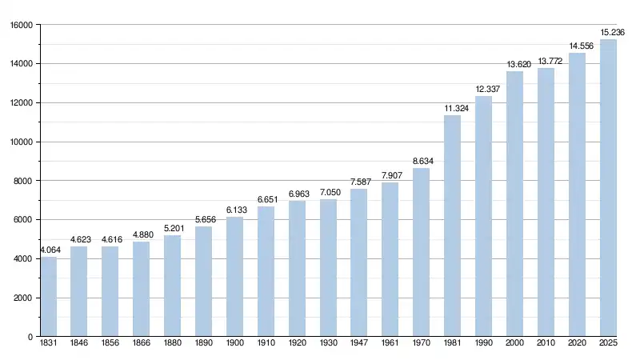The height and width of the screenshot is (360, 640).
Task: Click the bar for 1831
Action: (x=48, y=297)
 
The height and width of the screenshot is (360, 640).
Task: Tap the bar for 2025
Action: (x=608, y=188)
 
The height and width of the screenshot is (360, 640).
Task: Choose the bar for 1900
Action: (x=234, y=277)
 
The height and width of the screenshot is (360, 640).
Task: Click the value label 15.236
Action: (x=613, y=33)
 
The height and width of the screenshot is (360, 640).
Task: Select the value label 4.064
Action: (x=48, y=250)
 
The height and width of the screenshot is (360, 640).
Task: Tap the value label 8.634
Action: (x=421, y=162)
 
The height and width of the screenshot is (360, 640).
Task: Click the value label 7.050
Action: (x=328, y=193)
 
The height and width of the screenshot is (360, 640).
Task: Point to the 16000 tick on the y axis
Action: (x=21, y=25)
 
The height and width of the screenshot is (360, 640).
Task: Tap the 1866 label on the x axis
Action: (x=141, y=343)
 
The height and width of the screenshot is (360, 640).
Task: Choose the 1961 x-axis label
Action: (x=390, y=343)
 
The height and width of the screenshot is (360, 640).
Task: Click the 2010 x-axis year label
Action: (x=546, y=343)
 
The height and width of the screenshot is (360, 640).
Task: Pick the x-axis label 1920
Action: (x=297, y=343)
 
